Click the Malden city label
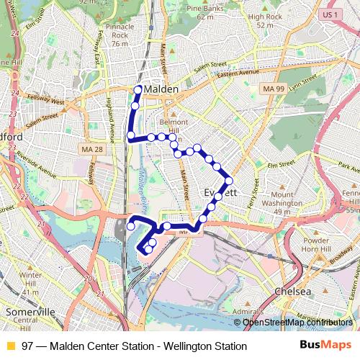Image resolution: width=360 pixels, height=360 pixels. [161, 89]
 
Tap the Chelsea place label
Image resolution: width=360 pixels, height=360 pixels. [293, 292]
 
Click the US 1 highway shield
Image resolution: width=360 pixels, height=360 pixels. [330, 14]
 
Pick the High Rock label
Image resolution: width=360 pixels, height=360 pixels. [265, 20]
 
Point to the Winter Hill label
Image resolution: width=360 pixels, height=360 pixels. [30, 279]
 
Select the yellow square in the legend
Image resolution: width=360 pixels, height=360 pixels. [10, 346]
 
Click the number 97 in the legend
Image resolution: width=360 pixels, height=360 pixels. [27, 346]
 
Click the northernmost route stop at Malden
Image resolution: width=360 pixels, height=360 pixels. [138, 90]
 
